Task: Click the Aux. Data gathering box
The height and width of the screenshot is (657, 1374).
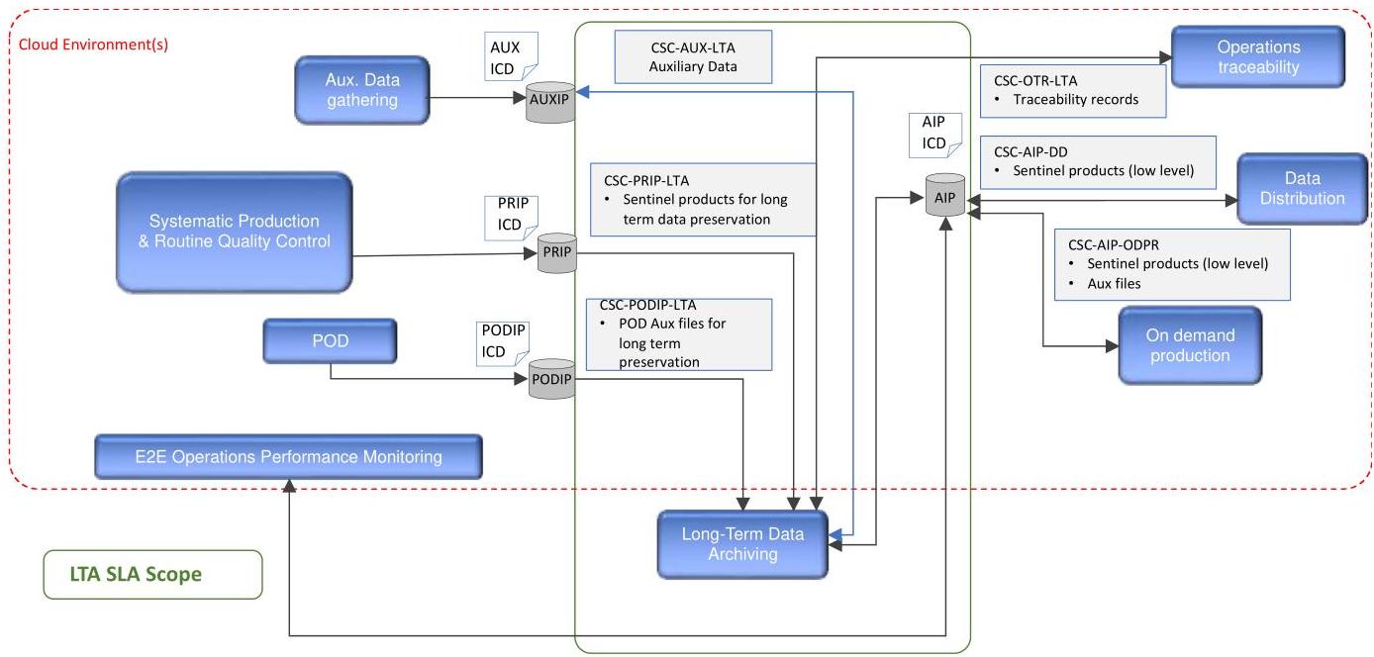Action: coord(362,90)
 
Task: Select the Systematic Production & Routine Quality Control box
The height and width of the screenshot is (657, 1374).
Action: coord(235,232)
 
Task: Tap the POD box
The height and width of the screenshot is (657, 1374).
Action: coord(330,340)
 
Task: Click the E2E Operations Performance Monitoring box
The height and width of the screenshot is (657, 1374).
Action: coord(288,456)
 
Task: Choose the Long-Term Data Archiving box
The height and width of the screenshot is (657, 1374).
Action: coord(742,544)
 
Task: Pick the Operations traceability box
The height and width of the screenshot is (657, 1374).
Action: coord(1258,56)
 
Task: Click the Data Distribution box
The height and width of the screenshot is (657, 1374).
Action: coord(1303,188)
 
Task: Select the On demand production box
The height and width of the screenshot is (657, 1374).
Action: coord(1190,345)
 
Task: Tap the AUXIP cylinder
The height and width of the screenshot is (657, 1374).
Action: coord(550,102)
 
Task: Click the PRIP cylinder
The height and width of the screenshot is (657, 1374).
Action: coord(557,252)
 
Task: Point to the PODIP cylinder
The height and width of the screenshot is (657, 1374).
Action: coord(551,379)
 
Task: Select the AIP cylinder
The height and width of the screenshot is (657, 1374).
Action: coord(944,196)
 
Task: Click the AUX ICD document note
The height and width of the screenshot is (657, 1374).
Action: coord(511,56)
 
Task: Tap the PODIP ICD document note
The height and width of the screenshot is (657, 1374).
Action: coord(503,343)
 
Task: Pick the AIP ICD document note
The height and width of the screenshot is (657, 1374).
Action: coord(935,136)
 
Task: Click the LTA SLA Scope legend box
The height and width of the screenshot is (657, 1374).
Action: coord(152,574)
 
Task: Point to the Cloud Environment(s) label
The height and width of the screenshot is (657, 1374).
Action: coord(93,45)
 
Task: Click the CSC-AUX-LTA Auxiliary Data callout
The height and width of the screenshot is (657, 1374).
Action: coord(693,57)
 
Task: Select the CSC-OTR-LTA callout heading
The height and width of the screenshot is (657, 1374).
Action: coord(1035,80)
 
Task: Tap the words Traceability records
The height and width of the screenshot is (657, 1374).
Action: coord(1075,99)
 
